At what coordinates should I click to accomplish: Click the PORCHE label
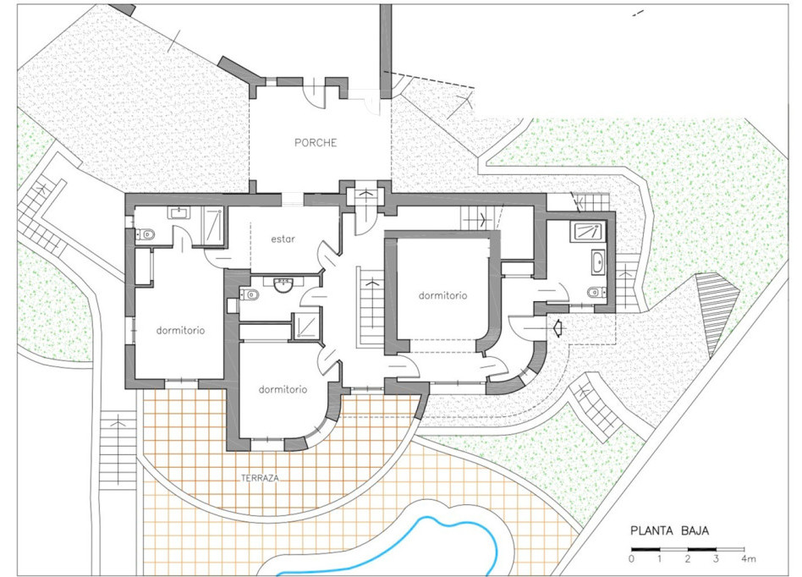[x=316, y=143]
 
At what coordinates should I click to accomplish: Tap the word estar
[x=283, y=239]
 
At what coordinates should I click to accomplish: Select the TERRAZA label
[x=260, y=478]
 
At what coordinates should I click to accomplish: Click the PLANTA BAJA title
[x=669, y=531]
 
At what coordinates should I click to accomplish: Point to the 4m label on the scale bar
[x=749, y=558]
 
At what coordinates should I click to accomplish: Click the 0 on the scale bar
[x=632, y=558]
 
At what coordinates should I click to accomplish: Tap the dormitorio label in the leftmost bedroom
[x=180, y=331]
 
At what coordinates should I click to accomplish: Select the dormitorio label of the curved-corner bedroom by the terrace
[x=283, y=390]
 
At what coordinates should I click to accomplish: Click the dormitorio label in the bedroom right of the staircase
[x=443, y=295]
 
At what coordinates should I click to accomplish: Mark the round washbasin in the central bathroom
[x=283, y=284]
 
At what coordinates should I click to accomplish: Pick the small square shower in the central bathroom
[x=306, y=326]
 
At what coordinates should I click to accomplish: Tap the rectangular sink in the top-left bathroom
[x=179, y=212]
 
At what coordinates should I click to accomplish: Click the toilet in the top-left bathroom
[x=145, y=235]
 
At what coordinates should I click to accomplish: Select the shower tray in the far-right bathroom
[x=590, y=232]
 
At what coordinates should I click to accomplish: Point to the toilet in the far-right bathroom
[x=596, y=293]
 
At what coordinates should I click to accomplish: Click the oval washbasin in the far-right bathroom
[x=598, y=262]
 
